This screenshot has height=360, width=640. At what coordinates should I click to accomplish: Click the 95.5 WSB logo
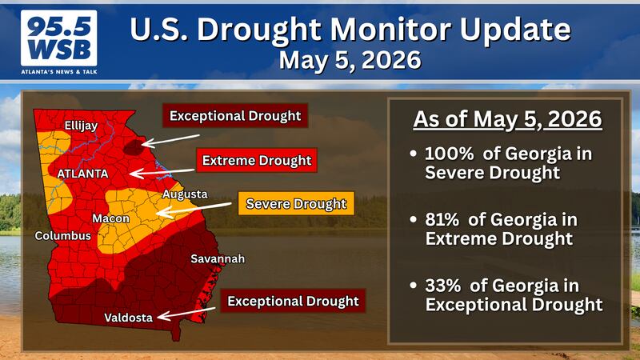(59, 42)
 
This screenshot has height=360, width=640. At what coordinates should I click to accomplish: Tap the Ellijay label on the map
(81, 126)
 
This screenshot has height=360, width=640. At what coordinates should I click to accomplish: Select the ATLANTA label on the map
(82, 174)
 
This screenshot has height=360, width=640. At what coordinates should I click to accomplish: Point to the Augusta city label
(185, 194)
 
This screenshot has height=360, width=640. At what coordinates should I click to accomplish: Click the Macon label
(110, 218)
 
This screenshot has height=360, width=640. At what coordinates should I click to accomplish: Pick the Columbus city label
(63, 235)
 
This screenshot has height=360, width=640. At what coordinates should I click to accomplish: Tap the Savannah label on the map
(218, 258)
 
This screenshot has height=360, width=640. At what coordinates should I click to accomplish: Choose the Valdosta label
(129, 317)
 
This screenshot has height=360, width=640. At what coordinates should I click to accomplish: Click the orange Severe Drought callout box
(296, 203)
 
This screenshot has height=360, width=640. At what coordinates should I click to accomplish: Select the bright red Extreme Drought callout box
(257, 160)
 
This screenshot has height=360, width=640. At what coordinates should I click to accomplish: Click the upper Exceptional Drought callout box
(235, 115)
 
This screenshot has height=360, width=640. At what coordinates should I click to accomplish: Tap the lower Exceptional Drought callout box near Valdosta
(293, 301)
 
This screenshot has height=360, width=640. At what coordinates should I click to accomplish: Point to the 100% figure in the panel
(450, 154)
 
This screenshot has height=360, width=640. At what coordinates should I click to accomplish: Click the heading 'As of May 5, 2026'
(507, 119)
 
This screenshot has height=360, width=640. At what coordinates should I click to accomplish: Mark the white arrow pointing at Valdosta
(186, 314)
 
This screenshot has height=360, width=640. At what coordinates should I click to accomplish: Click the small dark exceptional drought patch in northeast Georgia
(134, 147)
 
